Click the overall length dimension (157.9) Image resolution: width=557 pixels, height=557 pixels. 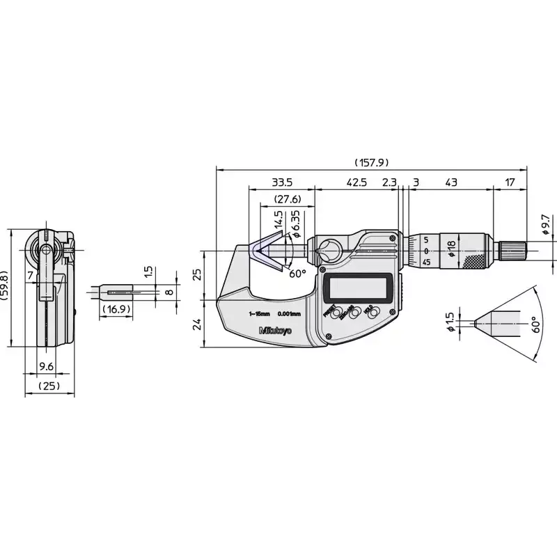pyautogui.click(x=370, y=162)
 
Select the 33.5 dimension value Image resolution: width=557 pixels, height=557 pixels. pyautogui.click(x=281, y=182)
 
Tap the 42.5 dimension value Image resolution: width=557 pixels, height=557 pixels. pyautogui.click(x=356, y=182)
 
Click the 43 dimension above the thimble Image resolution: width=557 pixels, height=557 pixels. pyautogui.click(x=450, y=182)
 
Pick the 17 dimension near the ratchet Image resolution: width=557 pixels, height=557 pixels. pyautogui.click(x=510, y=182)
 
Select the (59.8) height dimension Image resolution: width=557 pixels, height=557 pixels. pyautogui.click(x=6, y=286)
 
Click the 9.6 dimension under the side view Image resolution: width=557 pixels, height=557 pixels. pyautogui.click(x=46, y=367)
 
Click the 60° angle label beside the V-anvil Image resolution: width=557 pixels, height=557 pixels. pyautogui.click(x=297, y=274)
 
